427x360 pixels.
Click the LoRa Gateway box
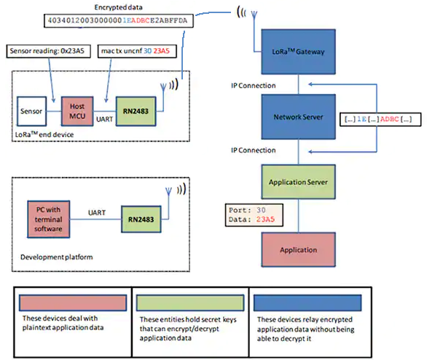pos(298,52)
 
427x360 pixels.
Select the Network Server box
pos(298,117)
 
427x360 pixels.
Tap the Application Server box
pos(298,182)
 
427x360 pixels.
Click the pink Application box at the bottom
pos(298,250)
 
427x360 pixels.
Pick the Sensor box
pos(31,111)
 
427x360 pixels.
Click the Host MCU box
pos(77,111)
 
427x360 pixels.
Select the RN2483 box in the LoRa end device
pos(136,111)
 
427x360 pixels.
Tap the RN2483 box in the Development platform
pos(141,219)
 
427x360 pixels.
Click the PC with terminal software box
pos(49,219)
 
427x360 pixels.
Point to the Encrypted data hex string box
pos(119,20)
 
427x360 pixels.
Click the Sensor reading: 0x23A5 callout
pos(48,51)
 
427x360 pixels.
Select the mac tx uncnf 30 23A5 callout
pos(137,51)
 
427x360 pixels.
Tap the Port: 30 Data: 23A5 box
pos(254,215)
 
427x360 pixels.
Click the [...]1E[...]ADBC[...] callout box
pos(380,120)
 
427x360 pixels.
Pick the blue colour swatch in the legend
pos(307,302)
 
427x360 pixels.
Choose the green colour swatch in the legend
pos(190,302)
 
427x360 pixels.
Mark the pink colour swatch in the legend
pos(73,302)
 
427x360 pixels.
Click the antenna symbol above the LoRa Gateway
pos(254,15)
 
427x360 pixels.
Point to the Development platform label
pos(57,257)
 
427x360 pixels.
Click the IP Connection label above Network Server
pos(254,85)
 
